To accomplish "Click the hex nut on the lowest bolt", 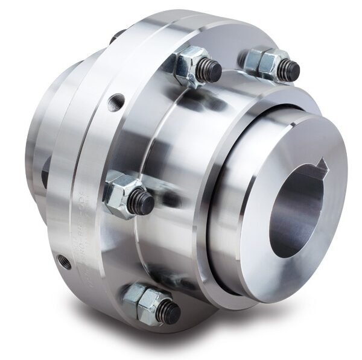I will (x=140, y=297).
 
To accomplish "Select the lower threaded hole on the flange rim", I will (x=60, y=261).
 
